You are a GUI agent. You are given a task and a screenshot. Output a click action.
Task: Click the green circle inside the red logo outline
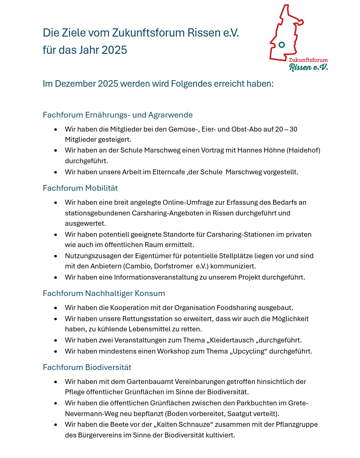(282, 45)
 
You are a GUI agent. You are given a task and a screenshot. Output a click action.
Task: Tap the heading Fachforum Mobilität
(80, 188)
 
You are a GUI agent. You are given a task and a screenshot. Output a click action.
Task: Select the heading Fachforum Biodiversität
(87, 367)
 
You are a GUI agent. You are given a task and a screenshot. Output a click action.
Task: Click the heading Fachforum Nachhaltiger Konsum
(104, 293)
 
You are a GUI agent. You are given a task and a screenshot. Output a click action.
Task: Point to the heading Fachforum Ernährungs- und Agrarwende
(118, 115)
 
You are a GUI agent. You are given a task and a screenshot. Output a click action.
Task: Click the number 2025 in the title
(114, 50)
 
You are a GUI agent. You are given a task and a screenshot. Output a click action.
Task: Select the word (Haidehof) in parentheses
(304, 150)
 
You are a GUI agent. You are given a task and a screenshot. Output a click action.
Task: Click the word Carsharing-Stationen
(240, 234)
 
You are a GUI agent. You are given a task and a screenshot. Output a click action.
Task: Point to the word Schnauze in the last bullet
(216, 424)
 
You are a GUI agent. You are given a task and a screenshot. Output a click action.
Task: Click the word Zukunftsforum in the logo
(308, 60)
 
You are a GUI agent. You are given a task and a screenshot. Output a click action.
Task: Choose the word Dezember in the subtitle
(75, 84)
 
